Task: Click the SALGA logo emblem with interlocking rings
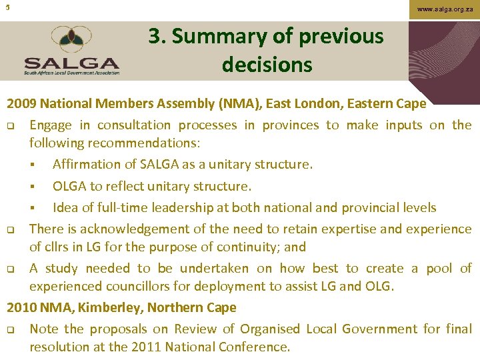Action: (71, 41)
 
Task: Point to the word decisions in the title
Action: (267, 65)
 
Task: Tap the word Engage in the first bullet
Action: (53, 125)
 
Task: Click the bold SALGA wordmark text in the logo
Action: (72, 62)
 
